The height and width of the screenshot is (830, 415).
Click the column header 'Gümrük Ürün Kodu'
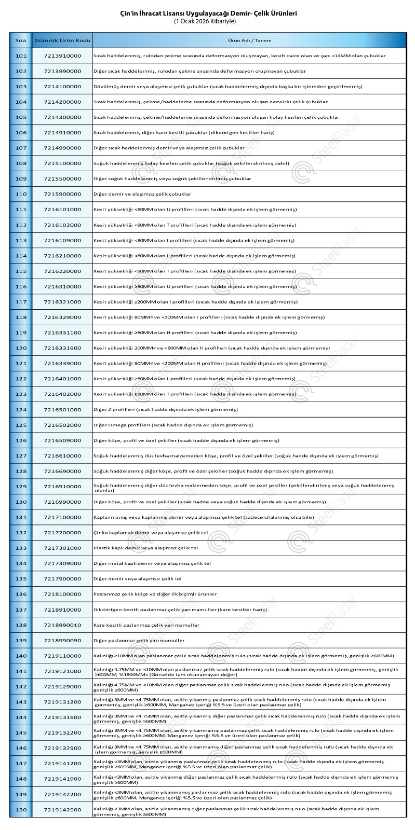[62, 40]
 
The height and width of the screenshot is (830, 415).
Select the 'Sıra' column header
[21, 40]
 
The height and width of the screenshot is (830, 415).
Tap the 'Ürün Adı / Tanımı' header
[249, 40]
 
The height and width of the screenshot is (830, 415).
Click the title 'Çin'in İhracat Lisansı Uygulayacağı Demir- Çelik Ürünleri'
[208, 14]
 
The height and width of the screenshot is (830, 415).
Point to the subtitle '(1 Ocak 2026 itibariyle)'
[208, 22]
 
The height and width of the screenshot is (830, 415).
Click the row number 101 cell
[21, 56]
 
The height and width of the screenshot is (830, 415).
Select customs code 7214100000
[62, 86]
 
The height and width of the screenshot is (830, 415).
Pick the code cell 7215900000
[62, 194]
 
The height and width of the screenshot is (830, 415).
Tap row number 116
[21, 286]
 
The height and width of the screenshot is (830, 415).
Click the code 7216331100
[62, 333]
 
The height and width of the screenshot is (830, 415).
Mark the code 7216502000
[62, 425]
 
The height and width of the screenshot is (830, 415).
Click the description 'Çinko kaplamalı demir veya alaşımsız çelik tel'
[151, 533]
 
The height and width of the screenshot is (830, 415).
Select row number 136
[21, 594]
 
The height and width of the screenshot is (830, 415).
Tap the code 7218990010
[62, 625]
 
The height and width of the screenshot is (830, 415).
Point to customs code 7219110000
[62, 656]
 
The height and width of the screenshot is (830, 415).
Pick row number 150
[21, 810]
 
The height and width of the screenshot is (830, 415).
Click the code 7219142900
[62, 810]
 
